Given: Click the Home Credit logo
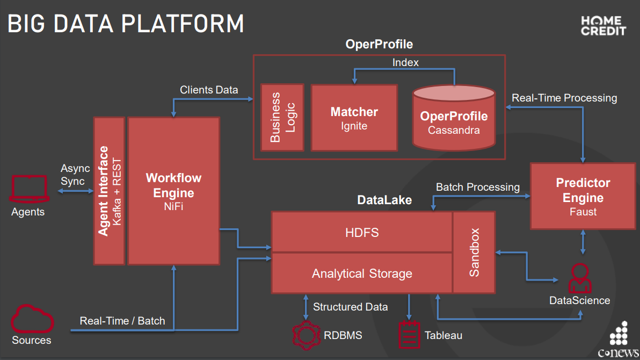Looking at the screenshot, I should tap(603, 26).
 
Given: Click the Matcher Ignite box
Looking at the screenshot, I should tap(354, 118).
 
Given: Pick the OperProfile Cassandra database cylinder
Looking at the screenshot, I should tap(454, 117).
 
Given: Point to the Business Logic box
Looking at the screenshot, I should tap(282, 117).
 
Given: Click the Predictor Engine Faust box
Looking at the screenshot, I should tap(583, 197).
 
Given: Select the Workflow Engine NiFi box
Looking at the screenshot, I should tap(173, 191).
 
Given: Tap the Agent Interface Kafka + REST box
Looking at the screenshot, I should tap(110, 191).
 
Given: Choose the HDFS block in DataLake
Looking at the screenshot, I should tap(362, 232).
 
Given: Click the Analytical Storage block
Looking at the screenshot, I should tap(362, 273).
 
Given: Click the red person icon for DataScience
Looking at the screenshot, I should tap(580, 278).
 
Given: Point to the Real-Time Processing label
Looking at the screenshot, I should tap(564, 98).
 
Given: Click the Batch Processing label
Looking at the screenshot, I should tap(477, 187).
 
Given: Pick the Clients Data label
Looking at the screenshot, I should tap(209, 90).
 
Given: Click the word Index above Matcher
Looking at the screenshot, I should tap(405, 62).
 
